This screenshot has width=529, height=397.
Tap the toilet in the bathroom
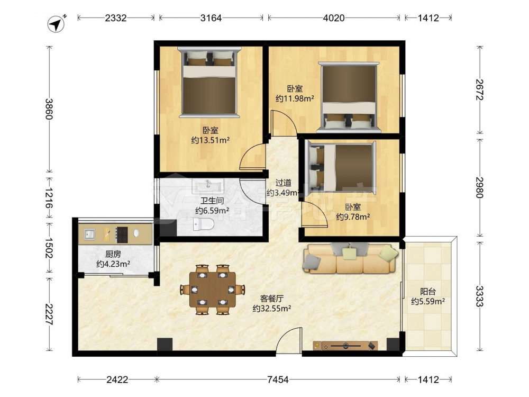coord(204,224)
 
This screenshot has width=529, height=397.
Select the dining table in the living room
coord(213,290)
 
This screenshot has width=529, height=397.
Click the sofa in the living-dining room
coord(350,258)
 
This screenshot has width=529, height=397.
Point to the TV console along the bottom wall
coord(345,346)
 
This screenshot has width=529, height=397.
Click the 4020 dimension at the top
coord(334,18)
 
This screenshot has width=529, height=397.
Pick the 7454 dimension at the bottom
coord(278,380)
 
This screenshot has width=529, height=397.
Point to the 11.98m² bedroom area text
coord(295,98)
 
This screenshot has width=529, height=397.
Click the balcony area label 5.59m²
coord(427,301)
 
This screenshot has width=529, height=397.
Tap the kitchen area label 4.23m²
coord(113,264)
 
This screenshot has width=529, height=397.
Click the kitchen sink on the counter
coord(89,233)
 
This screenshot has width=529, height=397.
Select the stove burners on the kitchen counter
coord(122,234)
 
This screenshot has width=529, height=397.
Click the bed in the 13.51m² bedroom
coord(209,82)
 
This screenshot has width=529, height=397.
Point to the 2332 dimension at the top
coord(116,18)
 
